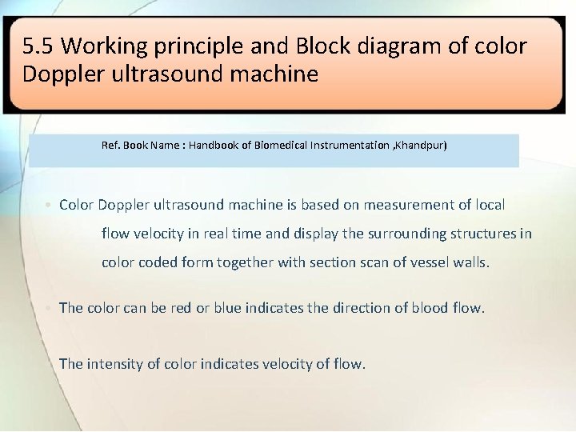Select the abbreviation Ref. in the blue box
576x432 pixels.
tap(110, 146)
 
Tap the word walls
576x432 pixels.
tap(473, 262)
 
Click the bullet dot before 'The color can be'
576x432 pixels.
tap(50, 308)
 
